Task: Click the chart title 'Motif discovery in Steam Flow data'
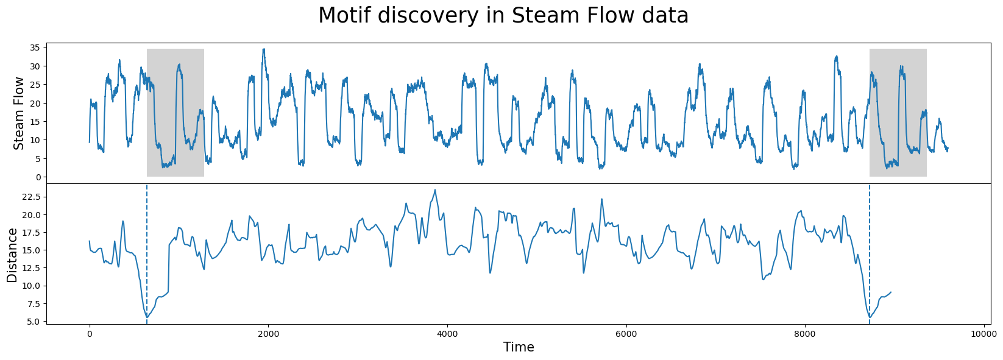(503, 16)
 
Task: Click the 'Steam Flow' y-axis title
(19, 113)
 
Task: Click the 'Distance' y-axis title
(12, 255)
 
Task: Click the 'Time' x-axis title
(519, 347)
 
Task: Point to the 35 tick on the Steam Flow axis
(35, 48)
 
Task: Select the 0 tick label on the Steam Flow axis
(38, 177)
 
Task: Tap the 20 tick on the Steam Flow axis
(35, 103)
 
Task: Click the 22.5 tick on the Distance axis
(30, 197)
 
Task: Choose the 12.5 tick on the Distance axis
(30, 268)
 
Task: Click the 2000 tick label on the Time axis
(268, 334)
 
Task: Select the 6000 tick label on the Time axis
(626, 334)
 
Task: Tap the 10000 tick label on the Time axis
(984, 334)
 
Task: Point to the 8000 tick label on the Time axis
(805, 334)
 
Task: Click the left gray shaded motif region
(175, 113)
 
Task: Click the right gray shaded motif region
(898, 113)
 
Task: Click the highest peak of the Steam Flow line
(264, 49)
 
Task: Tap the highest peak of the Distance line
(434, 189)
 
